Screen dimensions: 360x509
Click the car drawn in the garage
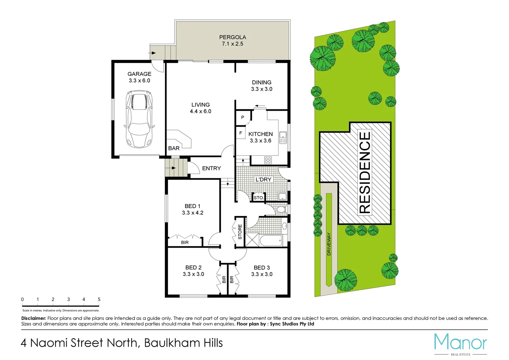click(139, 119)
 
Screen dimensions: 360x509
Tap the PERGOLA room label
click(233, 37)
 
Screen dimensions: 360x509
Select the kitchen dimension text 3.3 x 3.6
click(260, 141)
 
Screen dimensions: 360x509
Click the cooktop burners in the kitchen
click(268, 160)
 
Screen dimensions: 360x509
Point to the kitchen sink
click(283, 137)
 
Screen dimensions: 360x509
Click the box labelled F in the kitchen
click(241, 133)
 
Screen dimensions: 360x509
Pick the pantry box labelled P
click(243, 117)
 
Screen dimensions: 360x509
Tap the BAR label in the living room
click(174, 148)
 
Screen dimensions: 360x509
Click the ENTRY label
click(212, 168)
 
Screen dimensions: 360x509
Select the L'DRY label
click(263, 179)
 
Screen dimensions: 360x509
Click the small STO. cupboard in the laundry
click(258, 197)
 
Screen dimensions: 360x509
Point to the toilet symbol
click(281, 209)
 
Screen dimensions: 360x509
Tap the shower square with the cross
click(252, 240)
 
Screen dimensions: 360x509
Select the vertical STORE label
click(240, 232)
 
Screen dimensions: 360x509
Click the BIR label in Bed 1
click(185, 242)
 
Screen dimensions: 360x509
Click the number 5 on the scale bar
click(99, 299)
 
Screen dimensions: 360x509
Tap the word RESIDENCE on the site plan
click(365, 172)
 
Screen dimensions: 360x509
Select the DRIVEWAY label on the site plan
click(329, 244)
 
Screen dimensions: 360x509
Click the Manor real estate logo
click(460, 343)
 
